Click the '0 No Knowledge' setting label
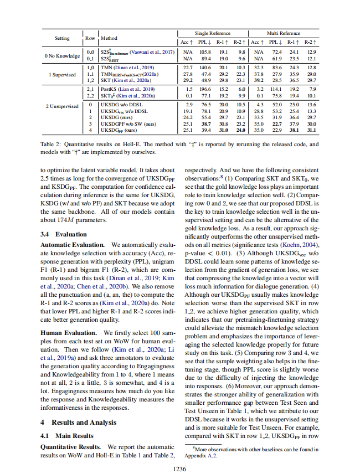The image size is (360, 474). tap(62, 55)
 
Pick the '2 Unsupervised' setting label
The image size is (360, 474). tap(62, 106)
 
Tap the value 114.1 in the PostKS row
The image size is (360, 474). tap(275, 89)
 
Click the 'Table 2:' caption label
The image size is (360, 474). tap(50, 145)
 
